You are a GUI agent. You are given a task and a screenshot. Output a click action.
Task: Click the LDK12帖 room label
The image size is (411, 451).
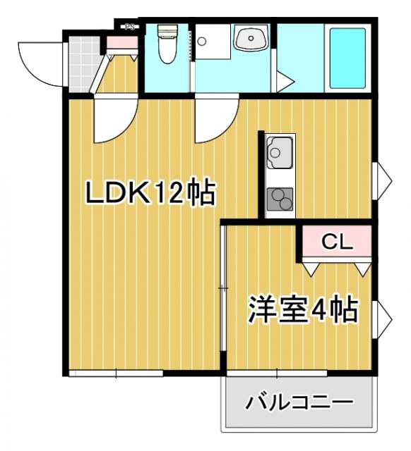pos(150,192)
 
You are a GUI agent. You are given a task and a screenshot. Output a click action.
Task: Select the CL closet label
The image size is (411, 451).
pos(337,242)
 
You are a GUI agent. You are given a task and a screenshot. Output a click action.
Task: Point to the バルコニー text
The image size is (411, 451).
pos(299,404)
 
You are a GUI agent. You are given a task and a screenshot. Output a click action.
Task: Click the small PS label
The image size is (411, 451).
pos(129,27)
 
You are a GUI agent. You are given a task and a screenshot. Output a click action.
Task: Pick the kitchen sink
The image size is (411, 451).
pos(279,152)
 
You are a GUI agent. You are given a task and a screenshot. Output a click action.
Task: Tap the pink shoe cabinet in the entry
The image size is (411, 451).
pos(121,42)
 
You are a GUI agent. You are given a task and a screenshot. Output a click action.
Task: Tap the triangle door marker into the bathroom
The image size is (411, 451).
pos(284,82)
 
